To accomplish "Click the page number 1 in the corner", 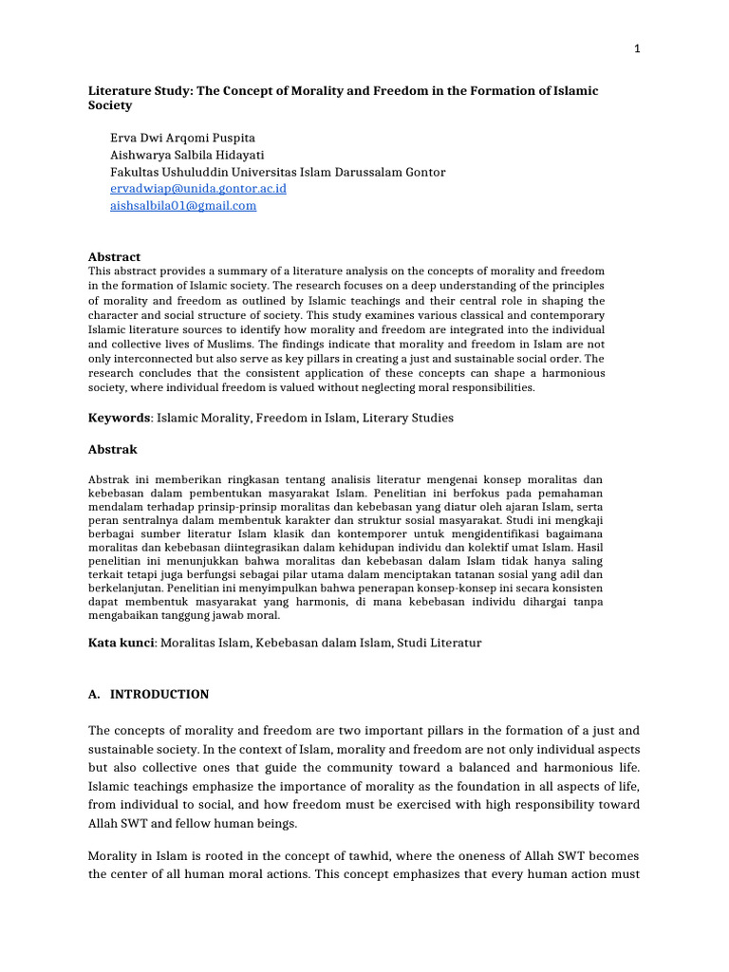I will [638, 50].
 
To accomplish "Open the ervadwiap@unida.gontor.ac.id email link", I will [198, 189].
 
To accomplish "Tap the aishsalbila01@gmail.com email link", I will [183, 206].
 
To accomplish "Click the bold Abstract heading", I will [114, 257].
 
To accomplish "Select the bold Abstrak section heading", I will [113, 449].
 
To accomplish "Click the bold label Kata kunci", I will [121, 643].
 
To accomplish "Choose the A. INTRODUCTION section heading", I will [148, 694].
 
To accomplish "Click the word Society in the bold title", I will [110, 106].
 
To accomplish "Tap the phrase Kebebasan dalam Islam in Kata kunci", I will [324, 643].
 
